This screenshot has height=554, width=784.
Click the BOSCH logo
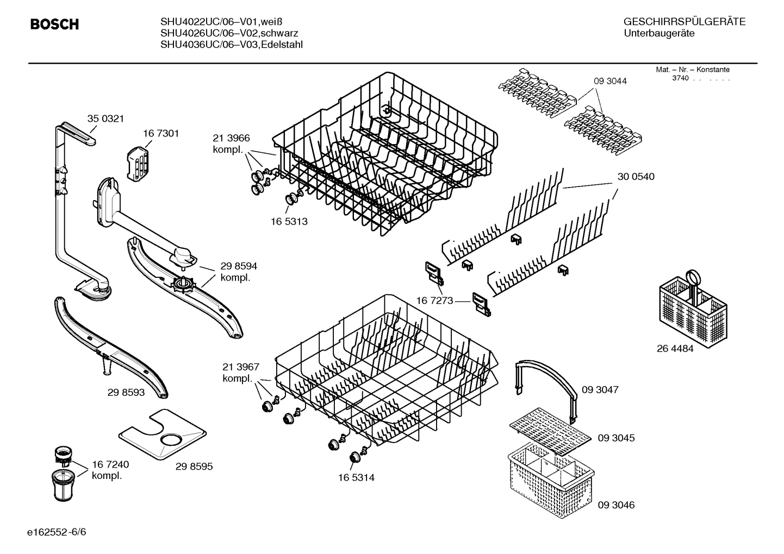(54, 24)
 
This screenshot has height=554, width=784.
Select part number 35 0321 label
(105, 119)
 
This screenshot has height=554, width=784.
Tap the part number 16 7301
(161, 133)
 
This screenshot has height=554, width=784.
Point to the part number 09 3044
(609, 81)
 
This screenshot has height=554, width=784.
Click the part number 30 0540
(636, 177)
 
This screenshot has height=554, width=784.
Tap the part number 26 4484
(675, 349)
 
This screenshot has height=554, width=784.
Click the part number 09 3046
(615, 505)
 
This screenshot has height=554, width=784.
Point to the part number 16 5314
(356, 478)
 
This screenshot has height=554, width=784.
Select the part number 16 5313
(289, 221)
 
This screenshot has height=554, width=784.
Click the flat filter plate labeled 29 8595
(163, 433)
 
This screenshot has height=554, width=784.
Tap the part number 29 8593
(126, 392)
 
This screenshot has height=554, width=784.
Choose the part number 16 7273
(434, 300)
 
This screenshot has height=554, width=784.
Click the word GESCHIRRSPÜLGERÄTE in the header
(684, 22)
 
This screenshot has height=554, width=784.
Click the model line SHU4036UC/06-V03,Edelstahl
(232, 45)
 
